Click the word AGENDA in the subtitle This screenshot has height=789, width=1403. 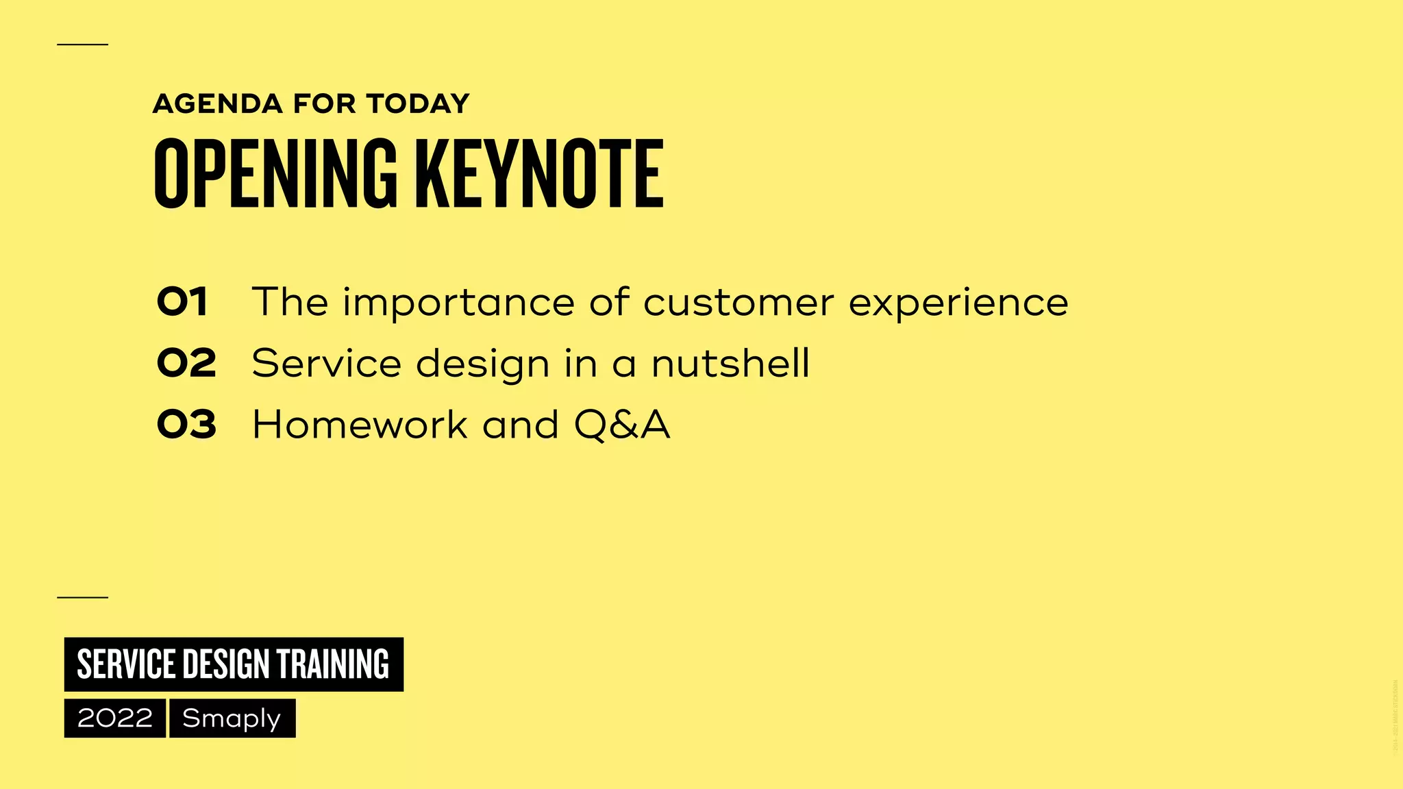pos(217,104)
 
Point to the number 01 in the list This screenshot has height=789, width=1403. pos(182,302)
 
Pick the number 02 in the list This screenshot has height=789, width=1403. pos(186,363)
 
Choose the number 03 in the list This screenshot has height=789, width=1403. pos(186,425)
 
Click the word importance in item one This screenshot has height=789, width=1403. pos(458,303)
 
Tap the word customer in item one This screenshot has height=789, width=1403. pos(738,302)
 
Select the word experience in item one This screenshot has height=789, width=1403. pos(958,303)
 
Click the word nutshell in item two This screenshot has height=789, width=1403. pos(730,363)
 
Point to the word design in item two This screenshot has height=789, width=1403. pos(482,364)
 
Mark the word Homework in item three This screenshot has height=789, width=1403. pos(360,425)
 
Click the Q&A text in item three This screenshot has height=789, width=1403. pos(622,425)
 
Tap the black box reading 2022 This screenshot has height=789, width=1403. pos(115,718)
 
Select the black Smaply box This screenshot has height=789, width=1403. pos(232,718)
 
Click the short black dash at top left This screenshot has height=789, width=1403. pos(82,45)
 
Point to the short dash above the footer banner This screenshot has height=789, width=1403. pos(82,597)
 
